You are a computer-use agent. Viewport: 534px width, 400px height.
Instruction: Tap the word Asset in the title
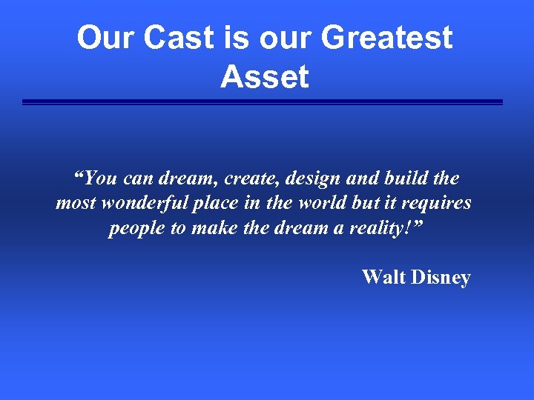(265, 76)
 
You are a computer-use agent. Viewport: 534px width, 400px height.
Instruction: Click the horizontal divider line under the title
(263, 102)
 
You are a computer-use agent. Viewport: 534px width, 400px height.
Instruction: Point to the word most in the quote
(76, 203)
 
